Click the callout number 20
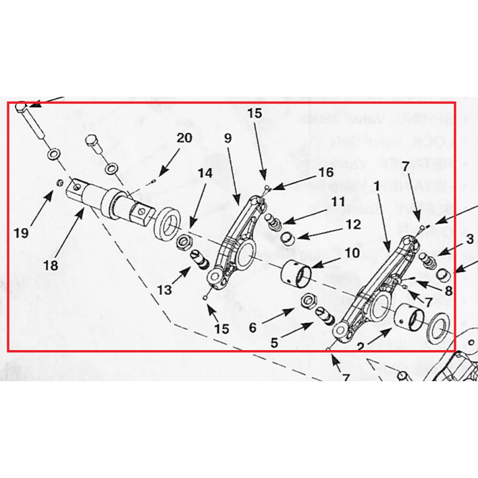tap(184, 138)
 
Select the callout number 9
tap(228, 138)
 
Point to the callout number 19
tap(22, 233)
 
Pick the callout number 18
tap(51, 265)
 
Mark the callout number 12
tap(353, 225)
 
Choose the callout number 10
tap(352, 253)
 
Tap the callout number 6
tap(252, 327)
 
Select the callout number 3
tap(470, 239)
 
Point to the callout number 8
tap(448, 292)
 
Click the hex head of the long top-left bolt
tap(22, 107)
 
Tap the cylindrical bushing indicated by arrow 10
tap(298, 274)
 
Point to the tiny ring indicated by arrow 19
tap(60, 182)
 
